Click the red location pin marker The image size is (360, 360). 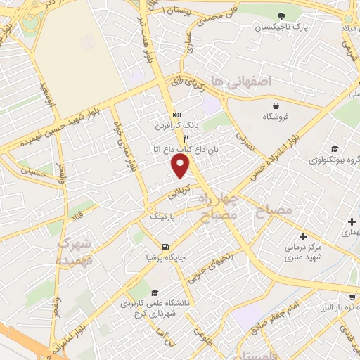[x=181, y=165]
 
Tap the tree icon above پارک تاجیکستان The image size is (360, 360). [x=282, y=15]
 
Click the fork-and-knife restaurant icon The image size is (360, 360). [x=167, y=139]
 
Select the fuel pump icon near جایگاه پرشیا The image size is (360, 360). [x=165, y=247]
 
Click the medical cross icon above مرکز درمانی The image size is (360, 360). [x=303, y=237]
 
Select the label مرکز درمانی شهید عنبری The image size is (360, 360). [x=304, y=252]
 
